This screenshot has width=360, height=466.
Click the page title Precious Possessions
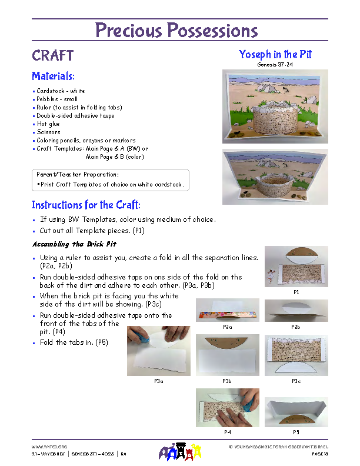point(176,30)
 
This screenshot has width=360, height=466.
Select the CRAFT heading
point(53,56)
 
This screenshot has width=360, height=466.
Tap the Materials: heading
point(53,76)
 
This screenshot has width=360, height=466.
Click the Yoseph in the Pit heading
point(275,55)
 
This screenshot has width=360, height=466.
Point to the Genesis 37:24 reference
point(275,64)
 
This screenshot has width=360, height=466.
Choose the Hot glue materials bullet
point(48,124)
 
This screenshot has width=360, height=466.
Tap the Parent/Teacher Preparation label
point(78,175)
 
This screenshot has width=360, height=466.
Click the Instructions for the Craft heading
point(86,205)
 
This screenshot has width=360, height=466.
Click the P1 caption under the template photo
point(296,292)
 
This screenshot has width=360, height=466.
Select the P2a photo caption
point(227,327)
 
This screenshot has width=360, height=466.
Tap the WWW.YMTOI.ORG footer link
point(45,447)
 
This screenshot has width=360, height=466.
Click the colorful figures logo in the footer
point(181,452)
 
